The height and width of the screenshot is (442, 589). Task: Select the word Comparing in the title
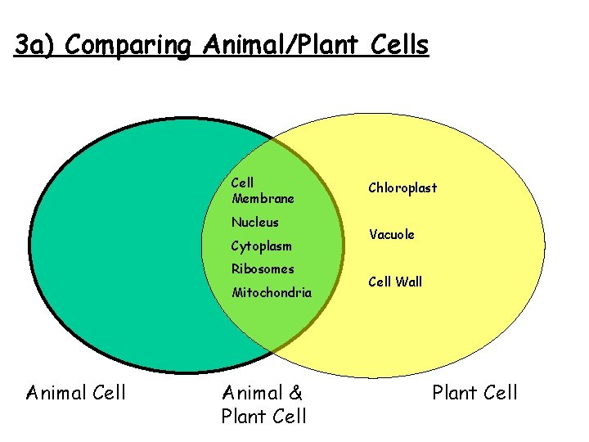tap(131, 45)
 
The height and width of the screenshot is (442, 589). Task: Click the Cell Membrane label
tap(262, 191)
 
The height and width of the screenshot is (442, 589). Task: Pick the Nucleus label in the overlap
tap(254, 223)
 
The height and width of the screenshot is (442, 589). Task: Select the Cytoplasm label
tap(261, 246)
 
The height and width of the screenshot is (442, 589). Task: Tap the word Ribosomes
tap(262, 268)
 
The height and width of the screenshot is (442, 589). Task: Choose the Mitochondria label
tap(272, 292)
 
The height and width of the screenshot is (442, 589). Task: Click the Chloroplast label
tap(402, 188)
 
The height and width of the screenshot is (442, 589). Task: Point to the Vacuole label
tap(391, 235)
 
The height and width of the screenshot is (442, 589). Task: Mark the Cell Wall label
tap(395, 282)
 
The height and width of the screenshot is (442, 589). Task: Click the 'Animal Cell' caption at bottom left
tap(76, 393)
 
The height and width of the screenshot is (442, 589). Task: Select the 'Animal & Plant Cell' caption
tap(263, 404)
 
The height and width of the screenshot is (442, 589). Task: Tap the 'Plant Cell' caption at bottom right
tap(474, 393)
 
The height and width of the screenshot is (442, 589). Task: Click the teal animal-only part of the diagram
tap(123, 246)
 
